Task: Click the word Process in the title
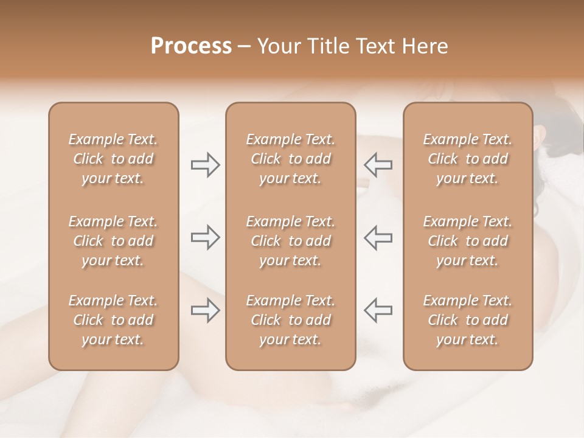191,46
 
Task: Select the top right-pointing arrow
205,165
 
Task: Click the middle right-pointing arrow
205,237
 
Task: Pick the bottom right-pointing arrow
205,310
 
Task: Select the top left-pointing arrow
378,165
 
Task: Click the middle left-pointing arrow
378,237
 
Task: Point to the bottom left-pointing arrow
378,310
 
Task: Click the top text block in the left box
113,159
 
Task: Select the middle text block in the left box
113,241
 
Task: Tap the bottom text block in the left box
113,320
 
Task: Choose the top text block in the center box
291,159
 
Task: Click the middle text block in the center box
291,241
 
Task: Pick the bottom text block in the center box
291,320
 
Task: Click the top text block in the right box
468,159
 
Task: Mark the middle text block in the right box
468,241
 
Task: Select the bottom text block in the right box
468,320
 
